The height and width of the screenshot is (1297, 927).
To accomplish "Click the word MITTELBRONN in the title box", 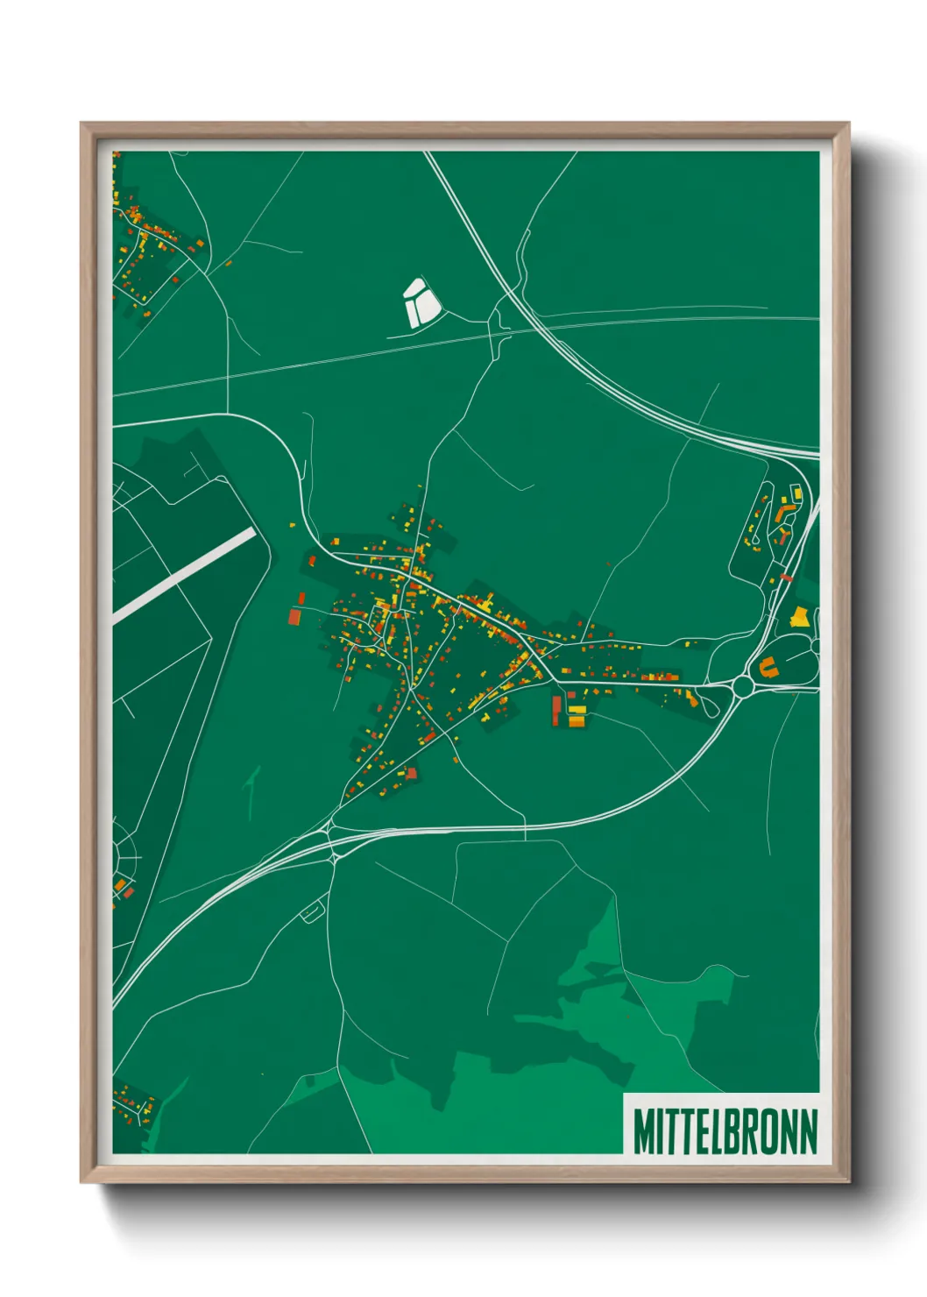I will (725, 1131).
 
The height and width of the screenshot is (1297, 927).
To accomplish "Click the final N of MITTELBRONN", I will (808, 1131).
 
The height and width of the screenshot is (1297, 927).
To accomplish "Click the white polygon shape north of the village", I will (420, 301).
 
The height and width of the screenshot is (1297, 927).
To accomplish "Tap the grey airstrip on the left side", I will (184, 574).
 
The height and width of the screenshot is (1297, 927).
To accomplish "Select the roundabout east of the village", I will (743, 687).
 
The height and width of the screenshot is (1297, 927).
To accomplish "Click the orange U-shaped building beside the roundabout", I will (768, 666).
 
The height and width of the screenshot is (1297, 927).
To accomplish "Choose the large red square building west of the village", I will (294, 617).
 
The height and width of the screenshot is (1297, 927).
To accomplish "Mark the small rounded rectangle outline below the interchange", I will (311, 913).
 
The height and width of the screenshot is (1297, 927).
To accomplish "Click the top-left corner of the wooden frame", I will (82, 124).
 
